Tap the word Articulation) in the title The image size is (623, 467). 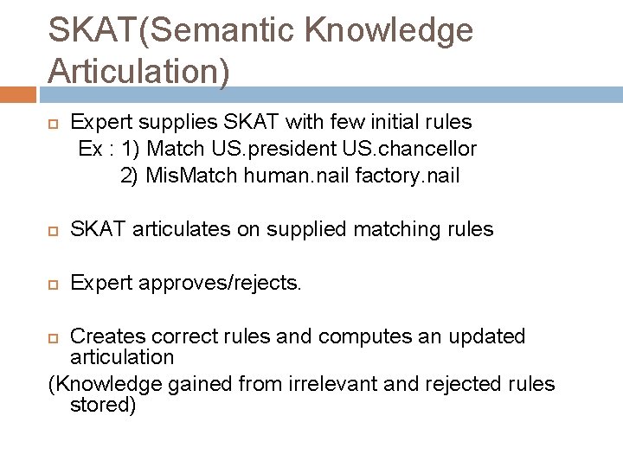click(139, 70)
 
